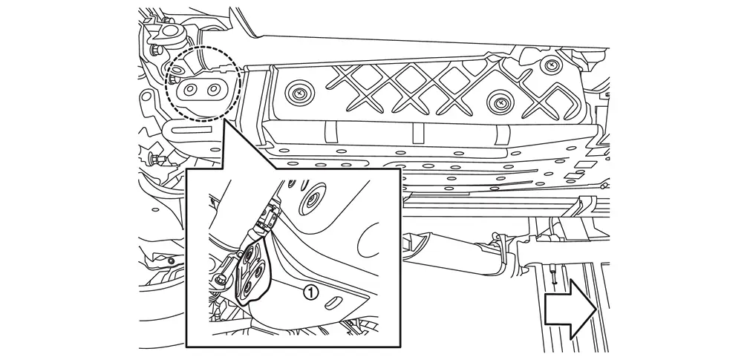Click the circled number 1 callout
(x=311, y=292)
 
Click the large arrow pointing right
(x=570, y=309)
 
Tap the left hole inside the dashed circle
(x=189, y=89)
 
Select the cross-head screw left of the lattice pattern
(x=299, y=94)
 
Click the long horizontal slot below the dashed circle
(x=192, y=129)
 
